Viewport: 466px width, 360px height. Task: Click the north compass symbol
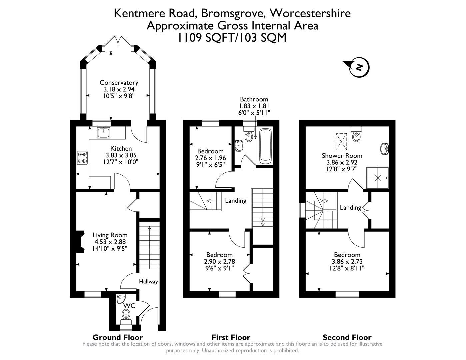coord(358,68)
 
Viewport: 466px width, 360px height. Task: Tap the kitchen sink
coord(104,133)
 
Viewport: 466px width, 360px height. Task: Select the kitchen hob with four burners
coord(82,158)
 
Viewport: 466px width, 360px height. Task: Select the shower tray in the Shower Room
coord(378,178)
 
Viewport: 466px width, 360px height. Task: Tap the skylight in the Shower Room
coord(341,141)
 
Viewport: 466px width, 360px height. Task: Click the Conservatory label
coord(119,83)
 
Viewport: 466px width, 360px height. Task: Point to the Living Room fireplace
coord(81,242)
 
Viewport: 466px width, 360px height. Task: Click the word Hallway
coord(148,282)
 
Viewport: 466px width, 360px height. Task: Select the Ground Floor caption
coord(117,337)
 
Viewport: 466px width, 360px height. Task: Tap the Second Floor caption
coord(347,337)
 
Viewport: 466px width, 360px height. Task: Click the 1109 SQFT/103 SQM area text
coord(232,38)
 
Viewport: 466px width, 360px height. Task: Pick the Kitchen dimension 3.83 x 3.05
coord(121,155)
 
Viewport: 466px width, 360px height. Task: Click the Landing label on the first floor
coord(235,201)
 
